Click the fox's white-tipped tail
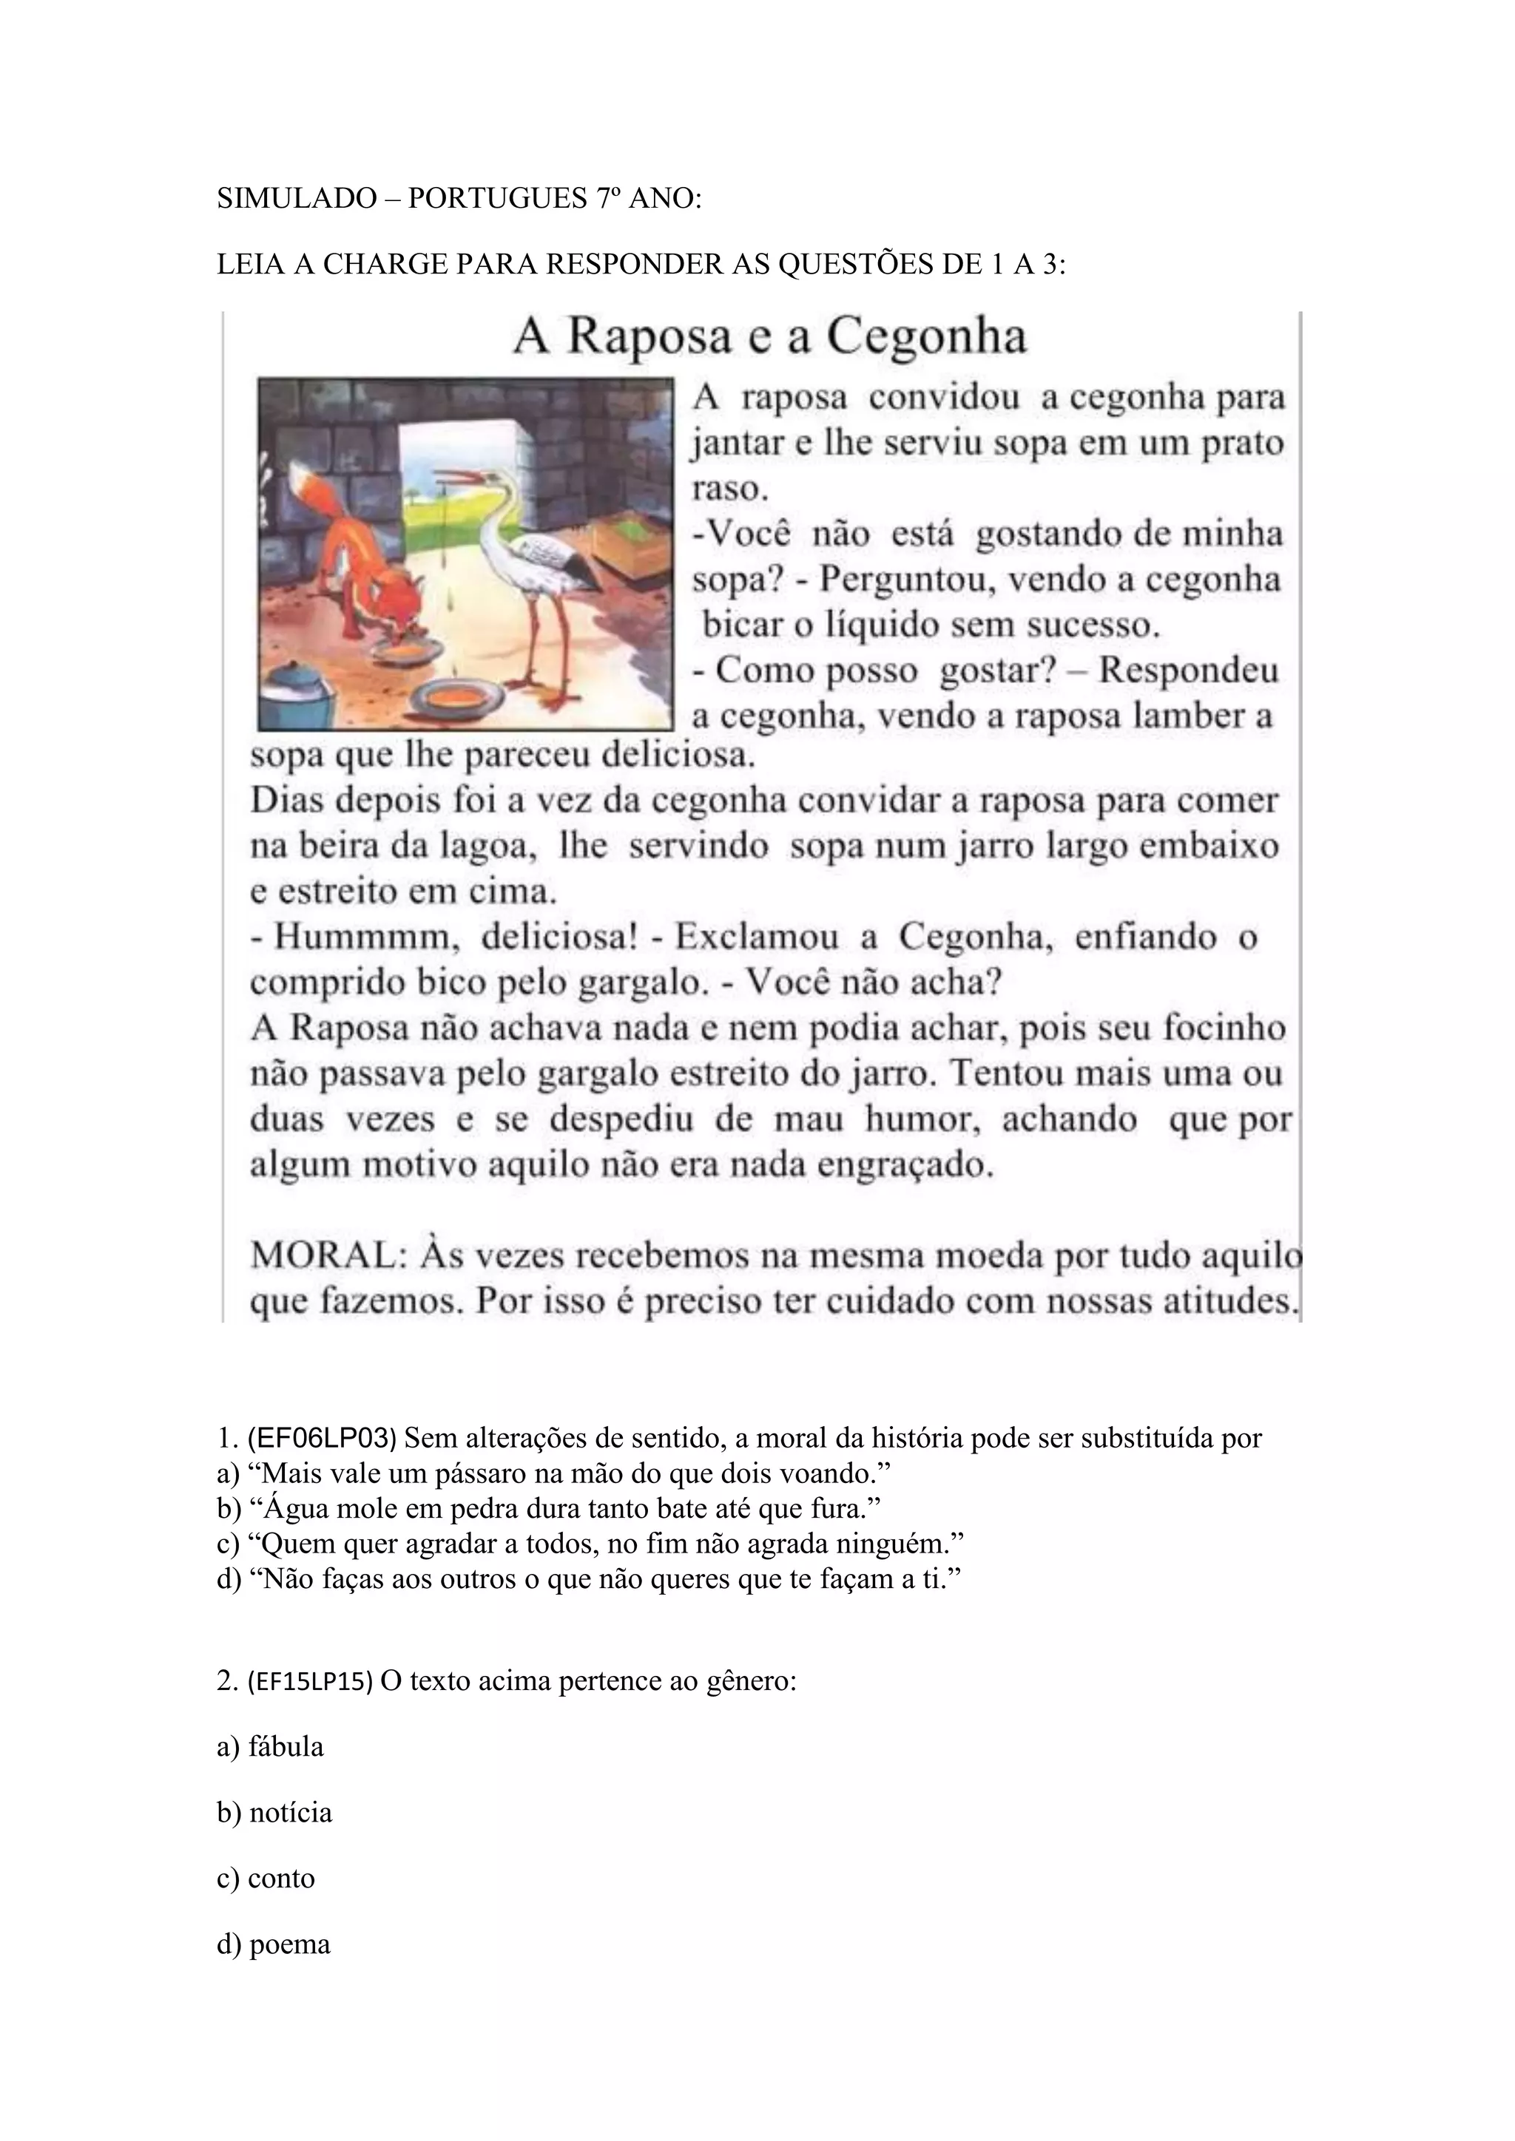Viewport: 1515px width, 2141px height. [x=303, y=489]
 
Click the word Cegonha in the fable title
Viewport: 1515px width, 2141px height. [x=926, y=336]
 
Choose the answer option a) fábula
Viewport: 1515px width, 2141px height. [x=271, y=1746]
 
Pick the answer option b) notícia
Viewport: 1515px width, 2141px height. [x=274, y=1813]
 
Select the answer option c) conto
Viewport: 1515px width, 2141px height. [x=266, y=1878]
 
